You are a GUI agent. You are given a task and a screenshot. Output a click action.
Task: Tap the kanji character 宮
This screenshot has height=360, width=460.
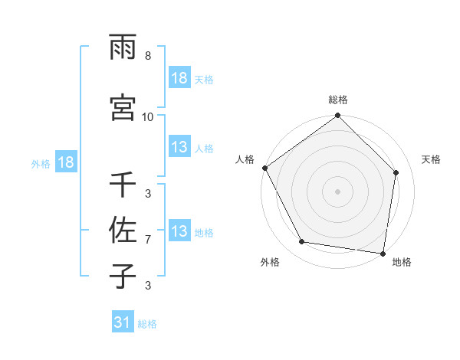[x=123, y=106]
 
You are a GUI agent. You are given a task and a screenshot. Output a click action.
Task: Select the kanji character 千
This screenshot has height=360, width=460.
[x=123, y=185]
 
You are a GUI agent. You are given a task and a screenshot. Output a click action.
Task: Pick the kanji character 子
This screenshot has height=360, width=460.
[x=123, y=275]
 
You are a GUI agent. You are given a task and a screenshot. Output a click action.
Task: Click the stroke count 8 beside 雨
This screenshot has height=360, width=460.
[x=148, y=57]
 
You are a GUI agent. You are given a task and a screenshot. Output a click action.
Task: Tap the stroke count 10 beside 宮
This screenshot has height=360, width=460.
[x=148, y=117]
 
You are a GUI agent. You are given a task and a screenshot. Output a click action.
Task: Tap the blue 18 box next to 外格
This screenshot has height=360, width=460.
[x=64, y=162]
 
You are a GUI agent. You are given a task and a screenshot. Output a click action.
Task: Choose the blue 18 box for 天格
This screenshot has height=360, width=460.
[x=179, y=78]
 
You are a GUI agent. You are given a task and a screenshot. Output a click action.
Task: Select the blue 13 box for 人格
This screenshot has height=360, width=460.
[x=179, y=147]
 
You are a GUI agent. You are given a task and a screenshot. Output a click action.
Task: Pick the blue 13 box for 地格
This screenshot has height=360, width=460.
[x=179, y=231]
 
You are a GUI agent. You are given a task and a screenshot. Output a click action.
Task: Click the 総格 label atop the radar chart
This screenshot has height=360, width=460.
[x=338, y=100]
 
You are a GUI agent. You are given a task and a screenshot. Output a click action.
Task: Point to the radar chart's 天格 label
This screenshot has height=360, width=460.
[x=432, y=159]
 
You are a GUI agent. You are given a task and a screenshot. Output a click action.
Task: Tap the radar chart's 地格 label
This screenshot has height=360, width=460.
[x=402, y=262]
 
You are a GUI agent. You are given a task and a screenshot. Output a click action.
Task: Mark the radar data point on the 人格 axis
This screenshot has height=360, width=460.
[x=264, y=168]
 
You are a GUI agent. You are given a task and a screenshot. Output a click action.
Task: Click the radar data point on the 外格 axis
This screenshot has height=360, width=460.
[x=302, y=242]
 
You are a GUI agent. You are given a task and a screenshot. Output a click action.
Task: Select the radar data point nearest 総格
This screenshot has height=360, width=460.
[x=338, y=116]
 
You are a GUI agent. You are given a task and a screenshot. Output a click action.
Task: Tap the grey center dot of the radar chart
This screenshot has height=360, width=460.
[x=338, y=191]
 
